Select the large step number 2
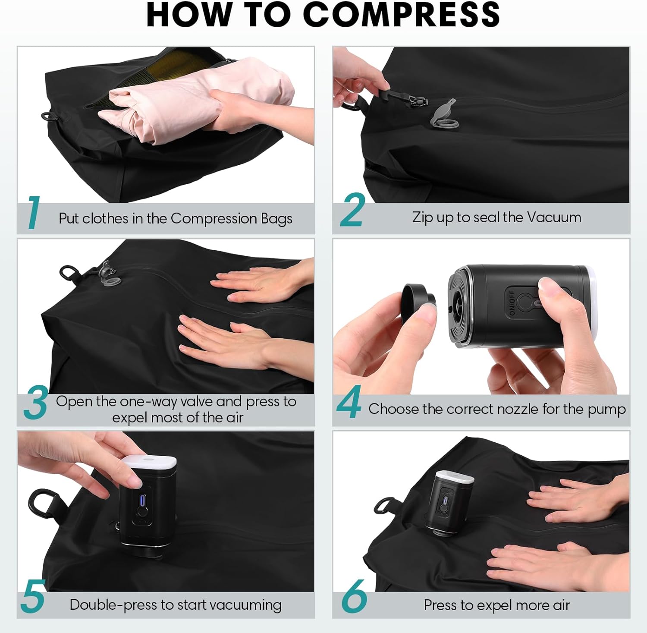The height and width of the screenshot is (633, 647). coord(352,210)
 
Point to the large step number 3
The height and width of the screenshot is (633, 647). coord(35,403)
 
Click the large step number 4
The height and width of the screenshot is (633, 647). coord(349,402)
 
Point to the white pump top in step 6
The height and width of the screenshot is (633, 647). coord(455,478)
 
